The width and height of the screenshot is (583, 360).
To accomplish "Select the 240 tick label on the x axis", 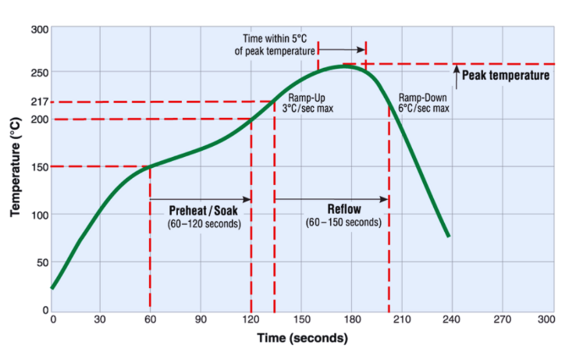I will point(449,319).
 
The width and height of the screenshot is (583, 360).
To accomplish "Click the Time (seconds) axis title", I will point(303,338).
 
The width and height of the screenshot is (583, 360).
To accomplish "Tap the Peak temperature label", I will point(506,76).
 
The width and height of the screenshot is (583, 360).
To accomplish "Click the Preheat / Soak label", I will point(204,211).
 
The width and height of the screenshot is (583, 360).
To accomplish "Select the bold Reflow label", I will point(343,209).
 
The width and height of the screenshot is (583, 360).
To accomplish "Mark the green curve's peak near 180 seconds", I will point(347,66).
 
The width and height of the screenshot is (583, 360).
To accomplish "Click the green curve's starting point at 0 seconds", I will point(52,287).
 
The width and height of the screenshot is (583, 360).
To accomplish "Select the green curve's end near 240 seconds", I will point(448,235).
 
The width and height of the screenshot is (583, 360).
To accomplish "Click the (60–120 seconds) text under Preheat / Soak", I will point(204,224).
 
